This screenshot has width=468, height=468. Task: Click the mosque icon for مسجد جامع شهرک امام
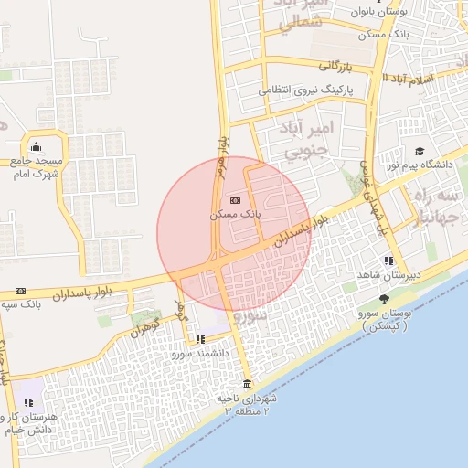tap(36, 146)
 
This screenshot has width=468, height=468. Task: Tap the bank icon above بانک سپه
tap(20, 291)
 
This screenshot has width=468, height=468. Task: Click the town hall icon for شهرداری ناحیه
tap(247, 384)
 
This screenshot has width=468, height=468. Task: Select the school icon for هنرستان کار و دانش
tap(28, 401)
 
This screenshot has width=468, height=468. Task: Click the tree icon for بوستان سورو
tap(384, 299)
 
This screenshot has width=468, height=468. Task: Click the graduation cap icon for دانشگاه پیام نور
tap(419, 152)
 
